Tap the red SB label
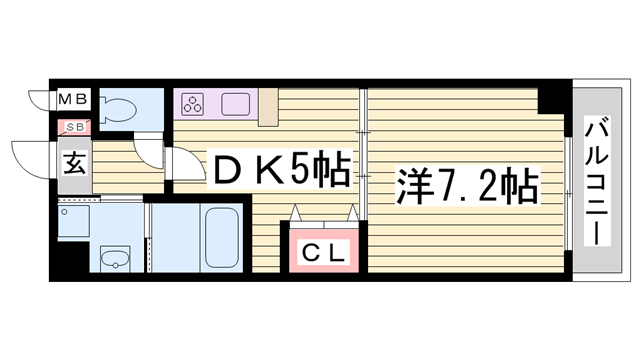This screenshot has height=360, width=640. click(75, 127)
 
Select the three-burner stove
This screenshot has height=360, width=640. click(192, 103)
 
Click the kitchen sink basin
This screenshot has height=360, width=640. click(236, 103)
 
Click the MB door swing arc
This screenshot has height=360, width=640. click(40, 102)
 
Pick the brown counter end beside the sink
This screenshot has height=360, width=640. click(267, 108)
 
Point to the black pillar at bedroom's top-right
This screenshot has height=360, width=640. click(550, 100)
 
